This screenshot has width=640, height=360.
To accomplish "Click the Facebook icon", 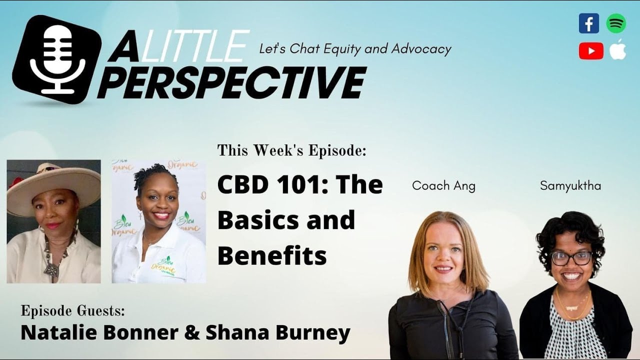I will pyautogui.click(x=588, y=23).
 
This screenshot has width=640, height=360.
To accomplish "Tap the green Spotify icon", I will pyautogui.click(x=616, y=23).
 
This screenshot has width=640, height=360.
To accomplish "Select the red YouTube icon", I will pyautogui.click(x=591, y=51).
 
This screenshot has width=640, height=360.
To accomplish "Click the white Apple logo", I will pyautogui.click(x=617, y=49).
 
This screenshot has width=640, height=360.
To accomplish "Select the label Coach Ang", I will pyautogui.click(x=443, y=186).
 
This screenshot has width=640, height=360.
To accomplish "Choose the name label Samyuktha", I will pyautogui.click(x=570, y=186).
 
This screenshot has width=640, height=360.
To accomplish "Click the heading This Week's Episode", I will pyautogui.click(x=291, y=150).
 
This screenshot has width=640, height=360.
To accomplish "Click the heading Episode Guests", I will pyautogui.click(x=72, y=311).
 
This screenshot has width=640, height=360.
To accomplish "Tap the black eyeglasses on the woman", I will pyautogui.click(x=571, y=258).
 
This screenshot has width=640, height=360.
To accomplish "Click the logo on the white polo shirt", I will pyautogui.click(x=165, y=266).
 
